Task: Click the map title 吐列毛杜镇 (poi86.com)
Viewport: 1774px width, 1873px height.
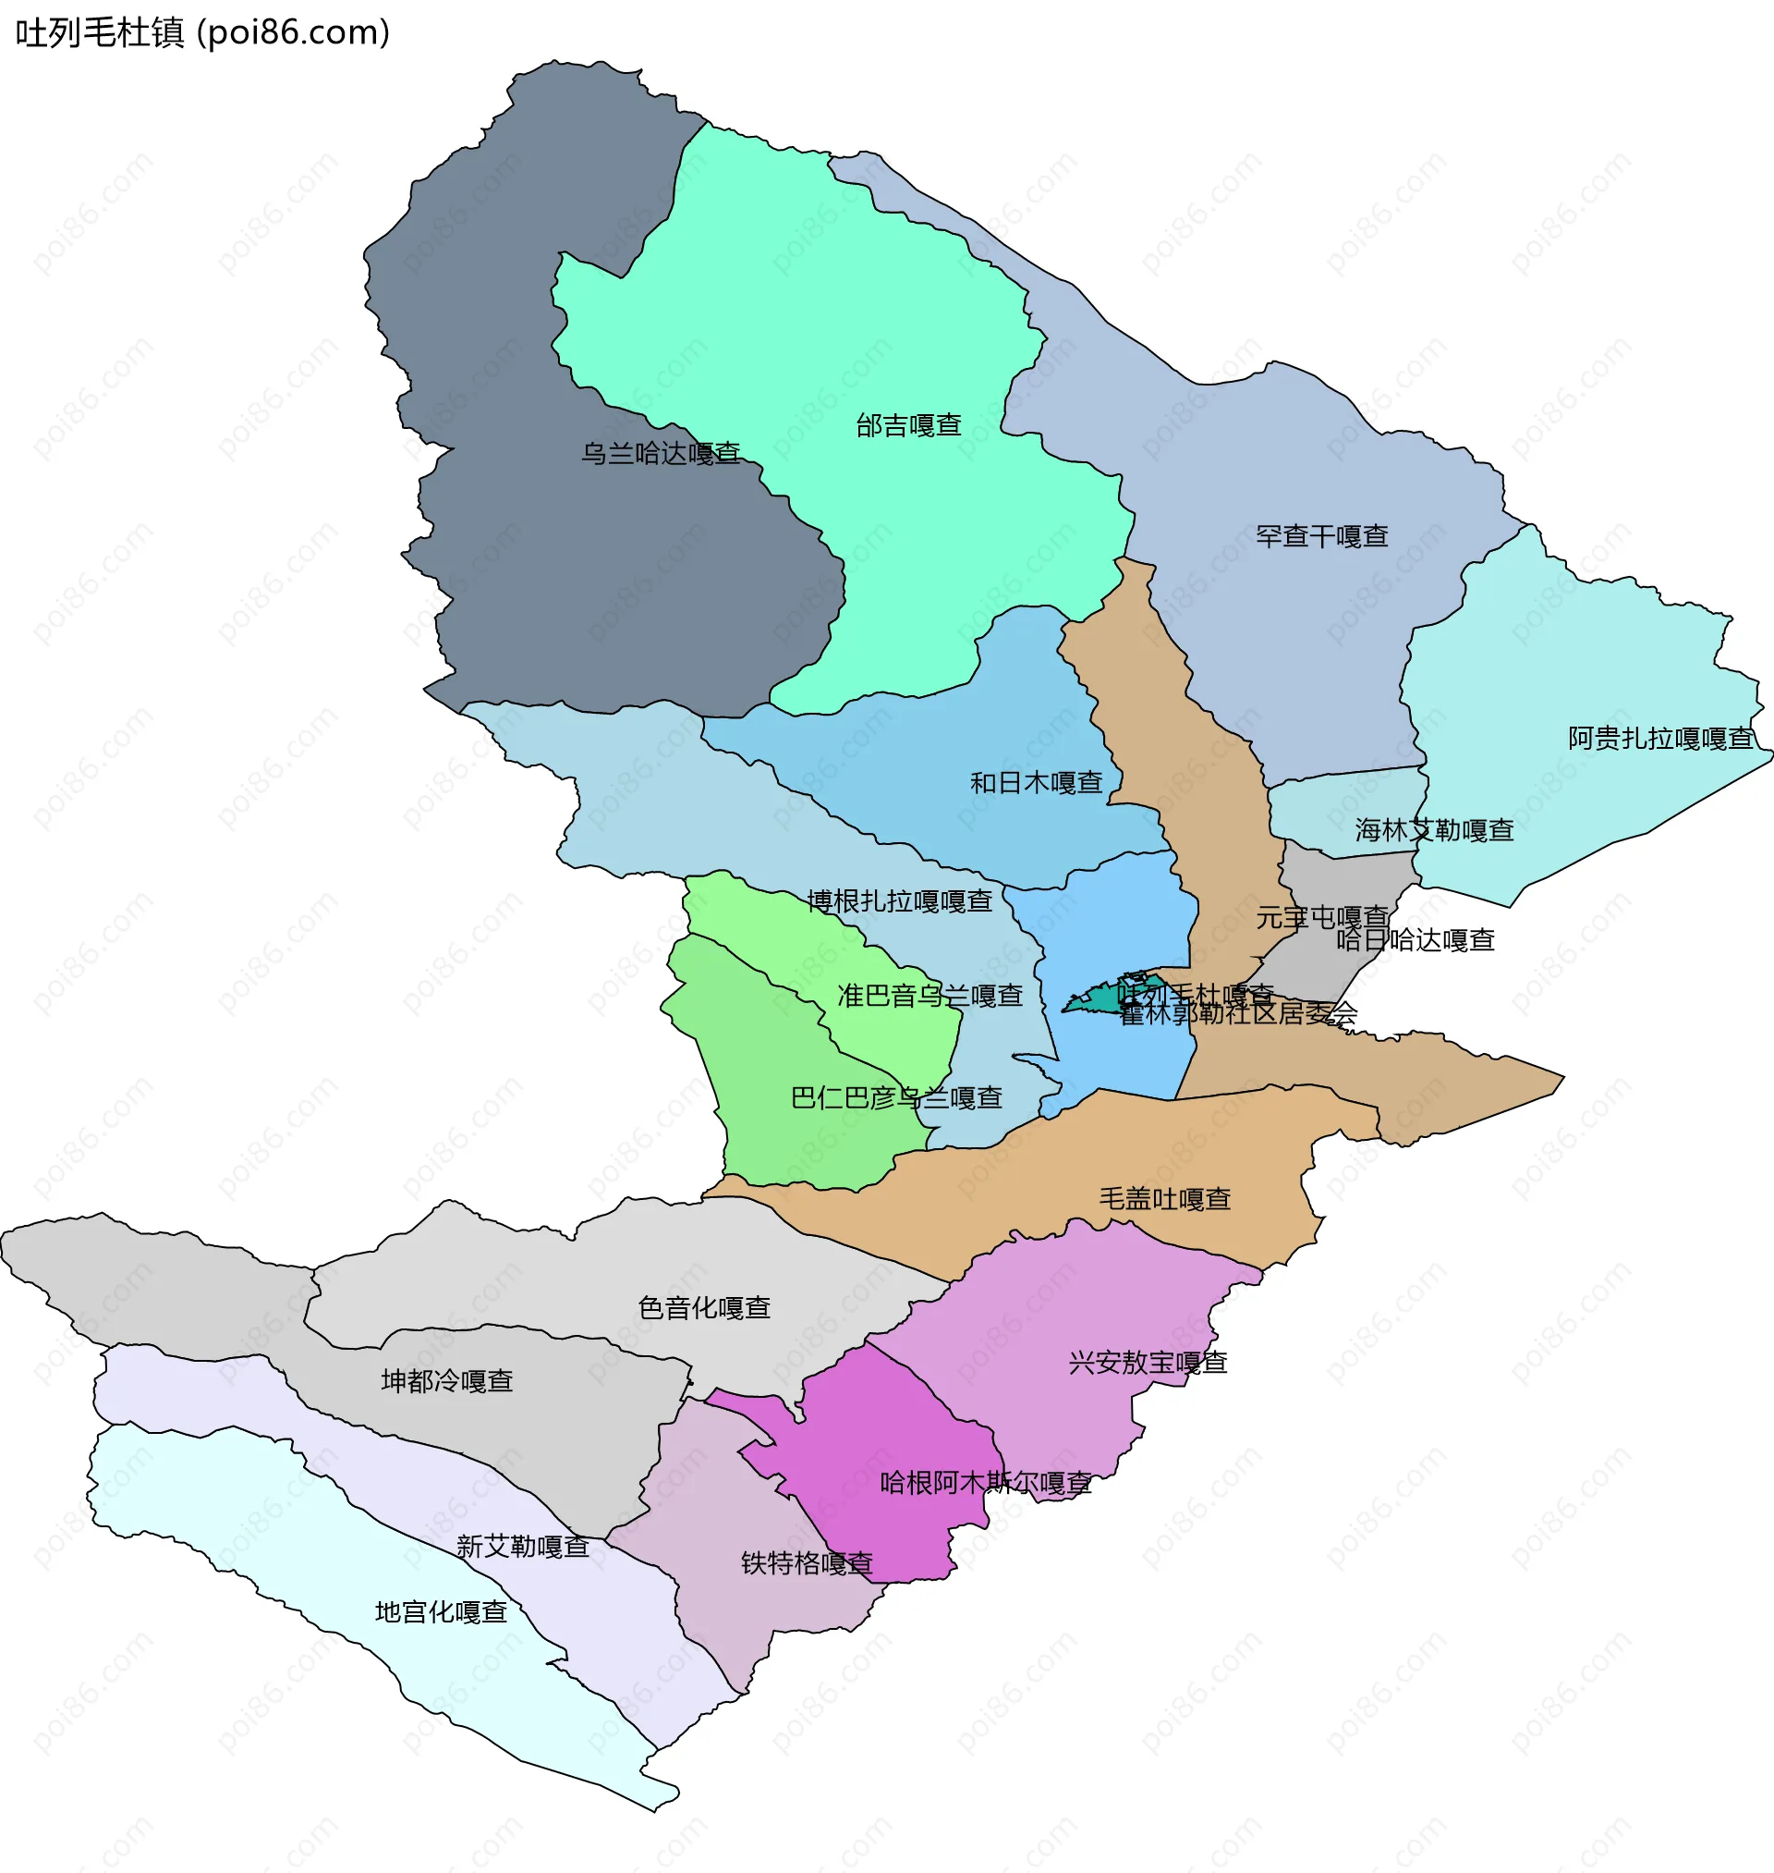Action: tap(202, 33)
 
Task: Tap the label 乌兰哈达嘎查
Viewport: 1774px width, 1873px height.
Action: tap(660, 454)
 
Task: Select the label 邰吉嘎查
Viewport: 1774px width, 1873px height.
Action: tap(909, 426)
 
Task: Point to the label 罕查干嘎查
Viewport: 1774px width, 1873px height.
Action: tap(1322, 537)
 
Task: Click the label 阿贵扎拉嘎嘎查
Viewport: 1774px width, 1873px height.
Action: tap(1660, 739)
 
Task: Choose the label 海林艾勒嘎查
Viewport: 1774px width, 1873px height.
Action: tap(1434, 830)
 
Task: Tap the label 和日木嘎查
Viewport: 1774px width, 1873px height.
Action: tap(1037, 783)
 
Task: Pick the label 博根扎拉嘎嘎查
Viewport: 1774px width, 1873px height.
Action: tap(899, 901)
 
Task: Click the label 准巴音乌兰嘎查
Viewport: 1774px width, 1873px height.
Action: tap(930, 996)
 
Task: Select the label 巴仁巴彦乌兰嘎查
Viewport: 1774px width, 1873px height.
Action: tap(896, 1098)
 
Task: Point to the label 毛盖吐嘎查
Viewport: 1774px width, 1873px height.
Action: tap(1164, 1199)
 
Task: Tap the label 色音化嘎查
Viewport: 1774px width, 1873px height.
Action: tap(704, 1308)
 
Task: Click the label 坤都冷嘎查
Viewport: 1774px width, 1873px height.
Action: tap(447, 1382)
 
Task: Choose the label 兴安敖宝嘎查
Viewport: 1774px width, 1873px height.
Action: tap(1147, 1363)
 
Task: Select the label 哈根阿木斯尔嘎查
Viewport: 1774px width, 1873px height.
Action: tap(985, 1483)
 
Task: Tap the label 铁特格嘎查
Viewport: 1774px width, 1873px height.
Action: tap(807, 1563)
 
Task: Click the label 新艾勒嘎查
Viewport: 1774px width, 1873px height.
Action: tap(523, 1548)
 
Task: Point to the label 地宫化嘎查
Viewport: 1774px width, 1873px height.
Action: tap(442, 1613)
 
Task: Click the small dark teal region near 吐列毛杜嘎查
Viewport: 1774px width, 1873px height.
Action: tap(1097, 1000)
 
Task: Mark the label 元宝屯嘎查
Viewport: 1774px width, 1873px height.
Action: tap(1322, 918)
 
